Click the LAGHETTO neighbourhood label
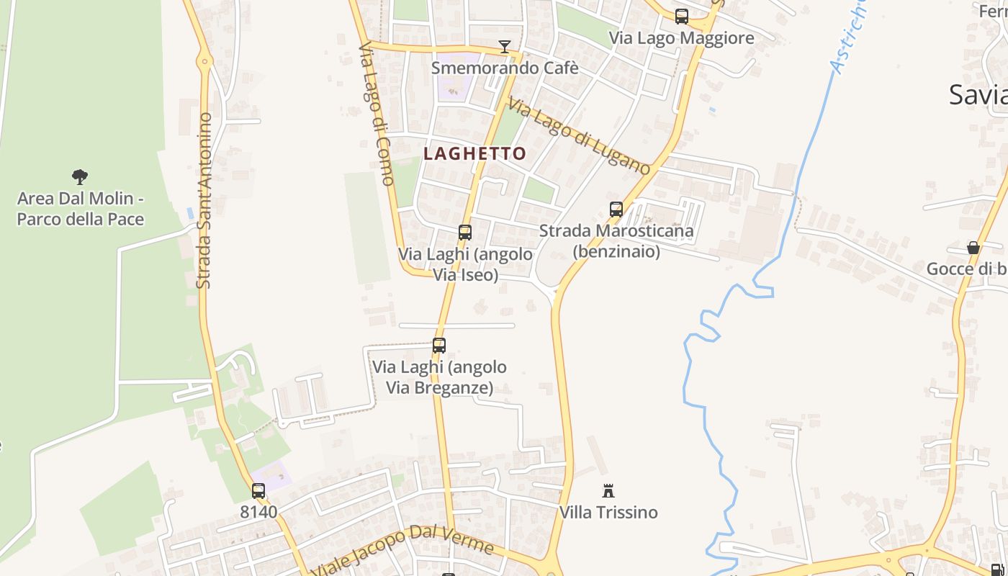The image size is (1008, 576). point(474,153)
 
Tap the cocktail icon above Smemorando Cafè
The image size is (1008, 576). point(505,47)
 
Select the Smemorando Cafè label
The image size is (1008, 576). point(505,68)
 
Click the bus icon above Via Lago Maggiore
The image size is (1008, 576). point(681,16)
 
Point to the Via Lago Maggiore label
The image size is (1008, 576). point(681,37)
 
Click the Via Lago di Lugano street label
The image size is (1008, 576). point(580,135)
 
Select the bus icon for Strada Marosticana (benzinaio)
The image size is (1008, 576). point(616,210)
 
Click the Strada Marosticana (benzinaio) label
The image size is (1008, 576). point(616,240)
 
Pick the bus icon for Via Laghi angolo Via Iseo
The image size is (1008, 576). point(465,233)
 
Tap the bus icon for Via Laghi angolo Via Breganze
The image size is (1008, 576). point(439,346)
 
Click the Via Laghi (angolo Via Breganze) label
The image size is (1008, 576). point(439,377)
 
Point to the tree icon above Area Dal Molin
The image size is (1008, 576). point(80,176)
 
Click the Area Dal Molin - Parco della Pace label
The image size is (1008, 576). point(81,208)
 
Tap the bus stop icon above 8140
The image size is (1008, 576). point(258,491)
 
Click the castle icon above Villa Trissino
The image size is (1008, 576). point(608,491)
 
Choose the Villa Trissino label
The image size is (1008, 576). point(609,512)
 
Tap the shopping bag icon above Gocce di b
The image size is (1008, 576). point(973,248)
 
